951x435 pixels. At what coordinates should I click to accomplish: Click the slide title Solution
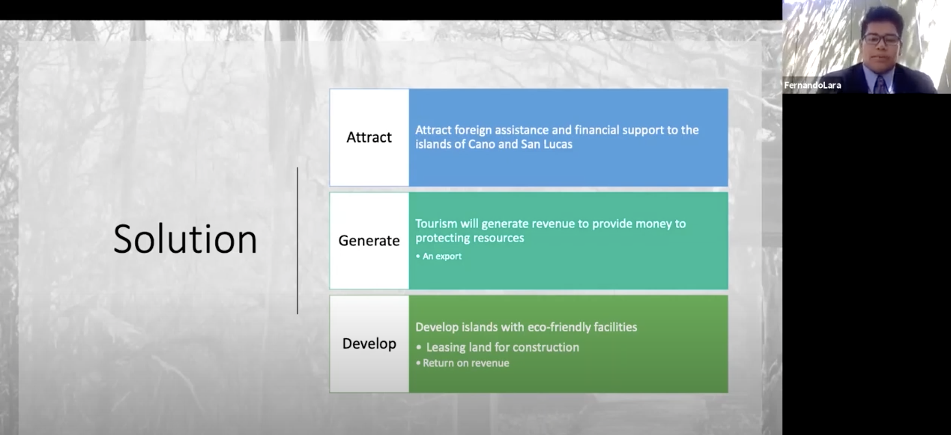(x=185, y=239)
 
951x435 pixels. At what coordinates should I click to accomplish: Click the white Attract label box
(x=369, y=137)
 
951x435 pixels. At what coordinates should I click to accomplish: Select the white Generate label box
(x=369, y=240)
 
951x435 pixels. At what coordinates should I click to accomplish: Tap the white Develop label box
(x=369, y=344)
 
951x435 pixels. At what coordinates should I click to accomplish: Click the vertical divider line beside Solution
(x=298, y=240)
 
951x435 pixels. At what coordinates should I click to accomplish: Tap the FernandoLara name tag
(x=812, y=85)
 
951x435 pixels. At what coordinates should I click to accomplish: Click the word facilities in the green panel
(x=616, y=327)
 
